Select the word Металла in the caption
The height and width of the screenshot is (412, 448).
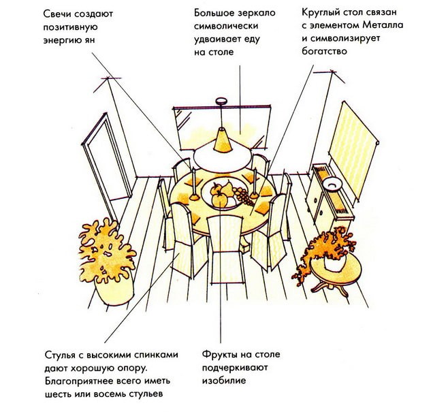click(383, 25)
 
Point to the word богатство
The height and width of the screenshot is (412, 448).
click(324, 51)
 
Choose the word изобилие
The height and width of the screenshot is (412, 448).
click(224, 381)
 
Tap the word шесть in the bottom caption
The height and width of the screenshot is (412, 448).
click(59, 394)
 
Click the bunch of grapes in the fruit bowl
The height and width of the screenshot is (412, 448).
click(242, 195)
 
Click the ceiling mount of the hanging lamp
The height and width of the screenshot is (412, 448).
click(221, 101)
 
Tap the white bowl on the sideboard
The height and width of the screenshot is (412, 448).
click(331, 183)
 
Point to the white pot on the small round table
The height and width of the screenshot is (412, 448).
click(335, 262)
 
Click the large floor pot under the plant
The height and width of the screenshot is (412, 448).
click(114, 291)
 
